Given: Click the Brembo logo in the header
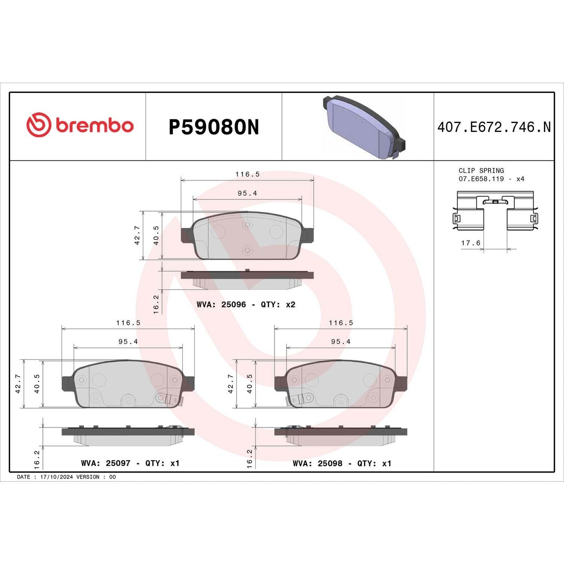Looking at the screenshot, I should [80, 125].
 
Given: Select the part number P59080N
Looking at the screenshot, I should [214, 127].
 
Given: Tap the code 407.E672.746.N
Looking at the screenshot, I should [494, 127].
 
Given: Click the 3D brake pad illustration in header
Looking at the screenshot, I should [363, 127].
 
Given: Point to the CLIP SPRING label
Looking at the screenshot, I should [481, 171].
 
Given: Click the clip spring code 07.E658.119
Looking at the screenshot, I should [481, 179].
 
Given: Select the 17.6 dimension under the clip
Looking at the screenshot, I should [471, 243].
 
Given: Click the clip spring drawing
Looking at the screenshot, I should [495, 211].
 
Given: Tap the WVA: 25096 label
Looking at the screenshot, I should [221, 304].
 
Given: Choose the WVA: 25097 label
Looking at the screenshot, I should [105, 463].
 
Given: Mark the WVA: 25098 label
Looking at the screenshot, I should [317, 463].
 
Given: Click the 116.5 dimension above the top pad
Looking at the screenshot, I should [247, 174].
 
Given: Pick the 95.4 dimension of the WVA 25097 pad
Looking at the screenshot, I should [128, 342].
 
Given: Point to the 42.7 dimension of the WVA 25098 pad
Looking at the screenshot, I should [231, 384].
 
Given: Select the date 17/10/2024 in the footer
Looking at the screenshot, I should [56, 477].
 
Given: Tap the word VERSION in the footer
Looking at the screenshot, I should [88, 477].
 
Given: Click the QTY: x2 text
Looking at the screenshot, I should [278, 304].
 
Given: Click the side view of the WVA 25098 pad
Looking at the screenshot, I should [340, 435].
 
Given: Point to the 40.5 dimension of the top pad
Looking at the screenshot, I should [156, 235].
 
